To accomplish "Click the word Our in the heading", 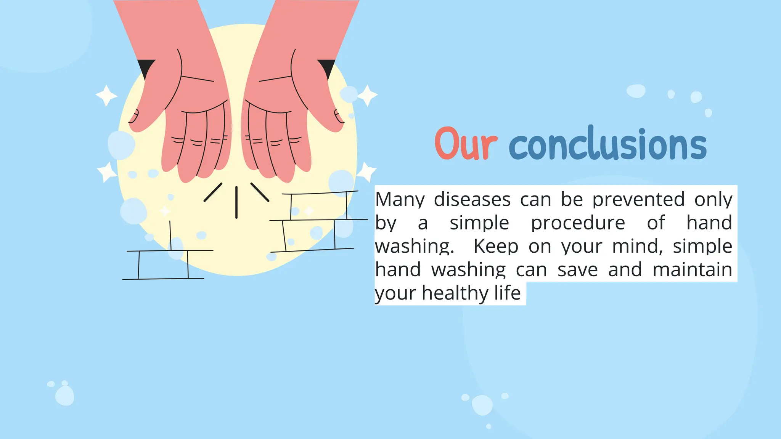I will pos(466,144).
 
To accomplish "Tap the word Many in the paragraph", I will pos(400,200).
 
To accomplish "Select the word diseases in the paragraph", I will pos(472,199).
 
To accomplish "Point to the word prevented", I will pos(638,199).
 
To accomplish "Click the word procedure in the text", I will pos(578,223).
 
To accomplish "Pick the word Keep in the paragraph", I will pos(496,247).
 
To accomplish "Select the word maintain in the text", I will pos(692,270).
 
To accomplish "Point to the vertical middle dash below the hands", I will pos(236,202).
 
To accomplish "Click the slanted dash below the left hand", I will pos(213,192).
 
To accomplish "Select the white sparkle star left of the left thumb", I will pos(106,95).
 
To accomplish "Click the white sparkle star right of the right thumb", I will pos(368,95).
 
